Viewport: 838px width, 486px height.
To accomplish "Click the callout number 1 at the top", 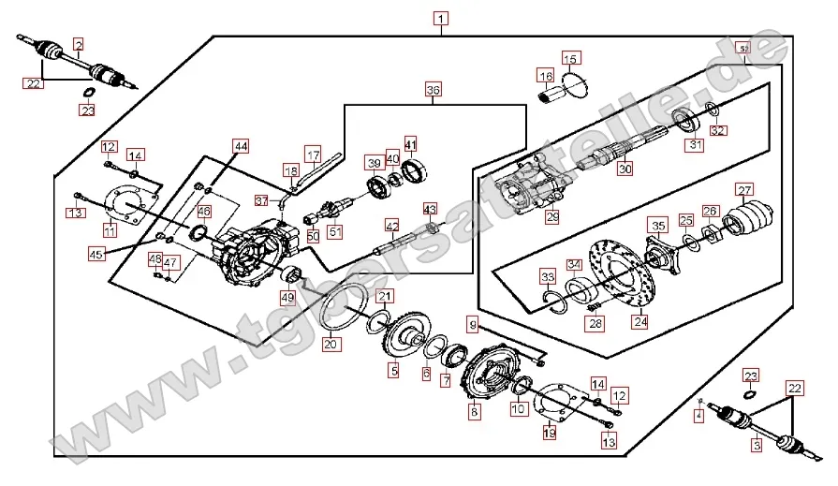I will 441,18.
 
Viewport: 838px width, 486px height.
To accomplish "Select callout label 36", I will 433,90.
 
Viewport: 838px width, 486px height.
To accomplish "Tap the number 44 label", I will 242,146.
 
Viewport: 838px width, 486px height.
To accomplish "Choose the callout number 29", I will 552,216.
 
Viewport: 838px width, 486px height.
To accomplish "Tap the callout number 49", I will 287,298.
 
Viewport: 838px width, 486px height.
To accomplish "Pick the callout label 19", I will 550,432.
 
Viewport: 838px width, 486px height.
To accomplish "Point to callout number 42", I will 392,226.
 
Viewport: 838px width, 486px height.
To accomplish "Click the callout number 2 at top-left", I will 79,44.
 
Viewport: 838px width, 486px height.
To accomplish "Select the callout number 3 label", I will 757,446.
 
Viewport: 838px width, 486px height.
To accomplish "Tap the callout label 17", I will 313,152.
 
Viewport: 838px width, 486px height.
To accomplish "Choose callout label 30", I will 625,169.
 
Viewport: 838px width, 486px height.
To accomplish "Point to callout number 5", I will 394,371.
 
